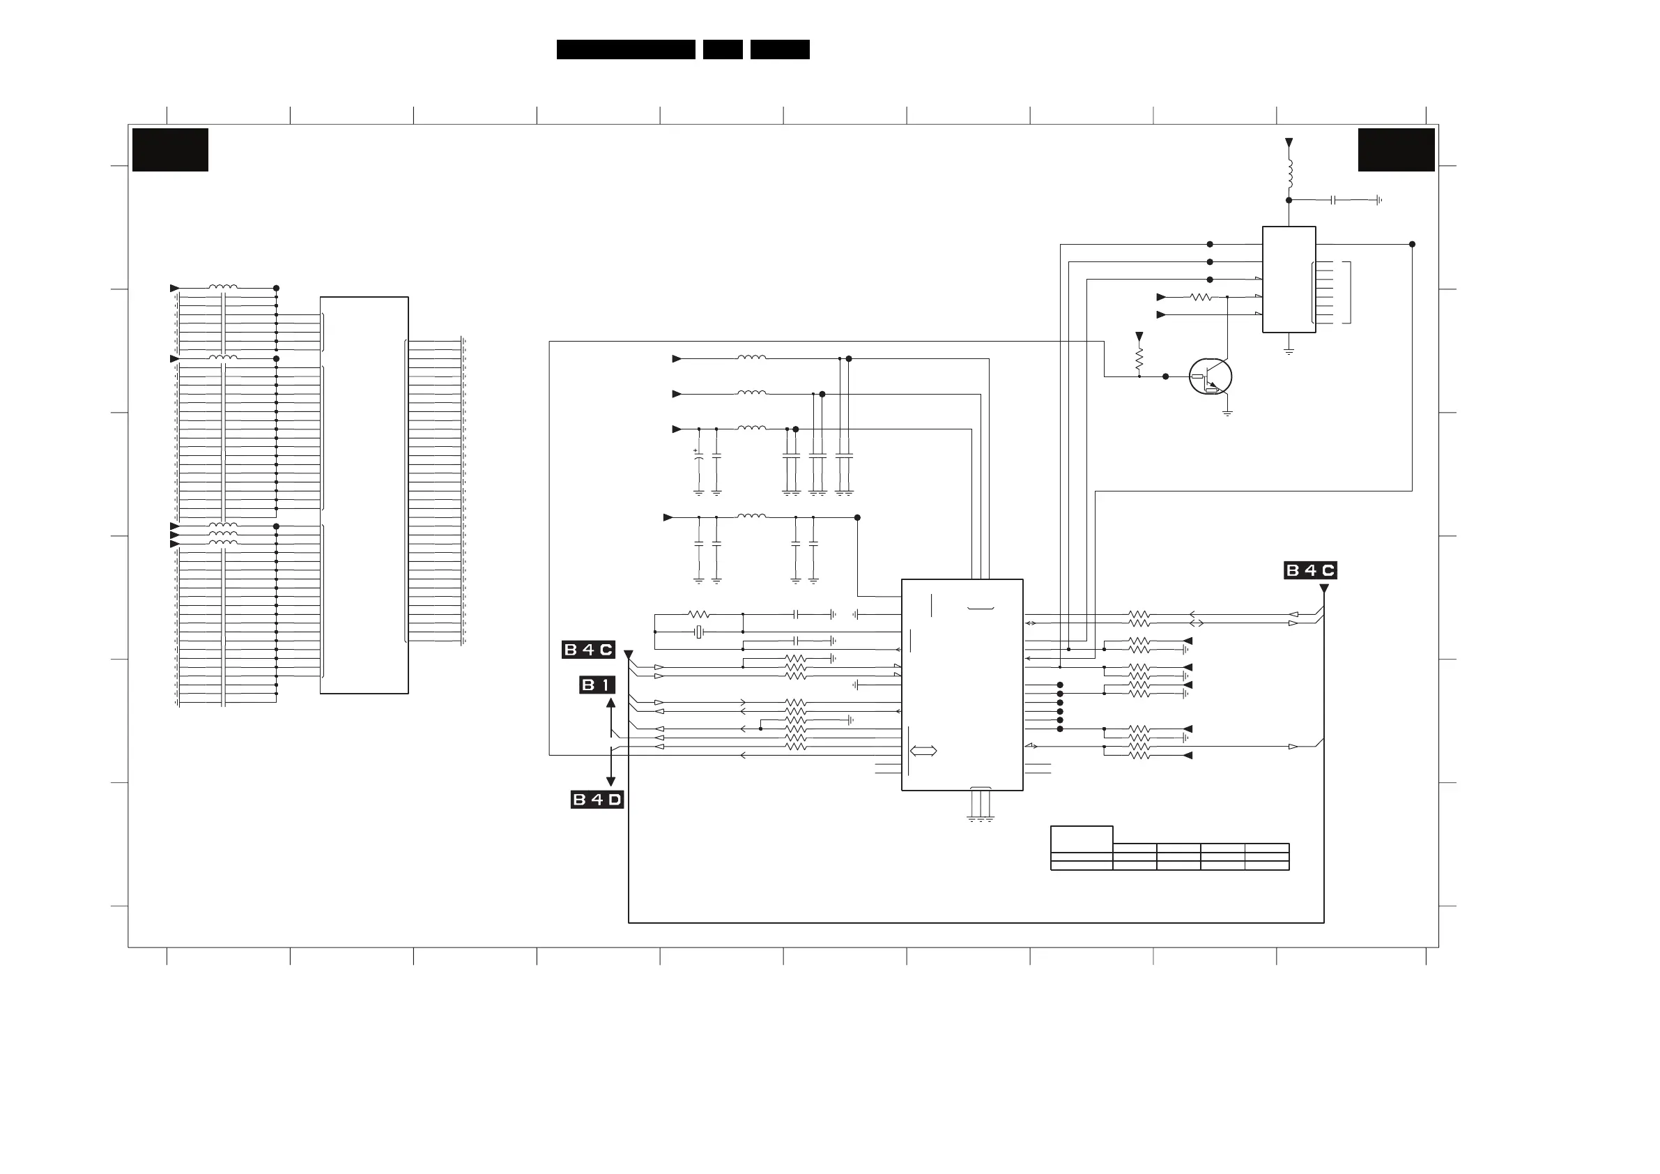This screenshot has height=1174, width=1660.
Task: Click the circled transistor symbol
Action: [x=1210, y=377]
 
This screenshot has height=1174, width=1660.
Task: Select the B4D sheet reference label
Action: [x=597, y=800]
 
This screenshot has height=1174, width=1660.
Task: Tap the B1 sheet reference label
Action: [x=597, y=685]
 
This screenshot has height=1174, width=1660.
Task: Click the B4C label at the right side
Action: [x=1310, y=571]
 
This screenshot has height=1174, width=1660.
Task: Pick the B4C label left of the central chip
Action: [x=587, y=650]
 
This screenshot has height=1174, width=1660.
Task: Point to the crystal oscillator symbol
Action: [x=698, y=632]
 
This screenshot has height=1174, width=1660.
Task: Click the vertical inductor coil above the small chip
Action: [x=1289, y=173]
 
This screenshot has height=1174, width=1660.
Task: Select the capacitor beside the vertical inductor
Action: [x=1332, y=199]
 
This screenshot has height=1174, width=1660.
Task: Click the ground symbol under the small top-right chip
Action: [x=1289, y=352]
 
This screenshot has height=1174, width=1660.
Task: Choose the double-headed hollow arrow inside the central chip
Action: [x=923, y=751]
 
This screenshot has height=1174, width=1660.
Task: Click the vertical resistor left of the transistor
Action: [x=1139, y=358]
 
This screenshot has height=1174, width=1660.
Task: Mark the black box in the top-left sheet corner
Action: [x=170, y=150]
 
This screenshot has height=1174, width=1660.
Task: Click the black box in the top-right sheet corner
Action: [x=1396, y=150]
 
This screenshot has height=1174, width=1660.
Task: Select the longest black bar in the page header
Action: [x=625, y=49]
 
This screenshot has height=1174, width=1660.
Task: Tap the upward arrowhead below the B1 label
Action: [x=610, y=702]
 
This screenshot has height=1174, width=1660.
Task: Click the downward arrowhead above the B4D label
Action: [x=610, y=782]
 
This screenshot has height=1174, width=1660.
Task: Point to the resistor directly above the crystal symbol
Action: [x=698, y=615]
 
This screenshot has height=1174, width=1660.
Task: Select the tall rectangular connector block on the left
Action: [x=364, y=495]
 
